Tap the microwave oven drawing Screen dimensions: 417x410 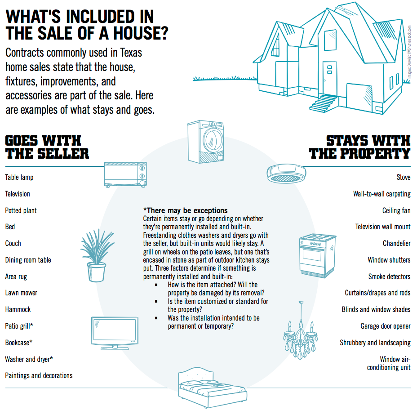pos(125,174)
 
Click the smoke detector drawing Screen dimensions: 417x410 pos(287,173)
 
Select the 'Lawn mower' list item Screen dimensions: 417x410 pos(21,293)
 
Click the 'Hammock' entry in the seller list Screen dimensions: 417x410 pos(18,309)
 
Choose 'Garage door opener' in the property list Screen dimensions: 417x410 pos(385,326)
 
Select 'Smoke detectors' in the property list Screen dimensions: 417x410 pos(389,276)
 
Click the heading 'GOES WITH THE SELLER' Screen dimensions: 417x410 pos(47,147)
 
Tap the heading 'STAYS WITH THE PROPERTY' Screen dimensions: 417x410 pos(360,147)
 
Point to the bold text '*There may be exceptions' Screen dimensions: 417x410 pos(185,210)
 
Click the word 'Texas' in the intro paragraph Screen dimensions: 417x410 pos(131,53)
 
